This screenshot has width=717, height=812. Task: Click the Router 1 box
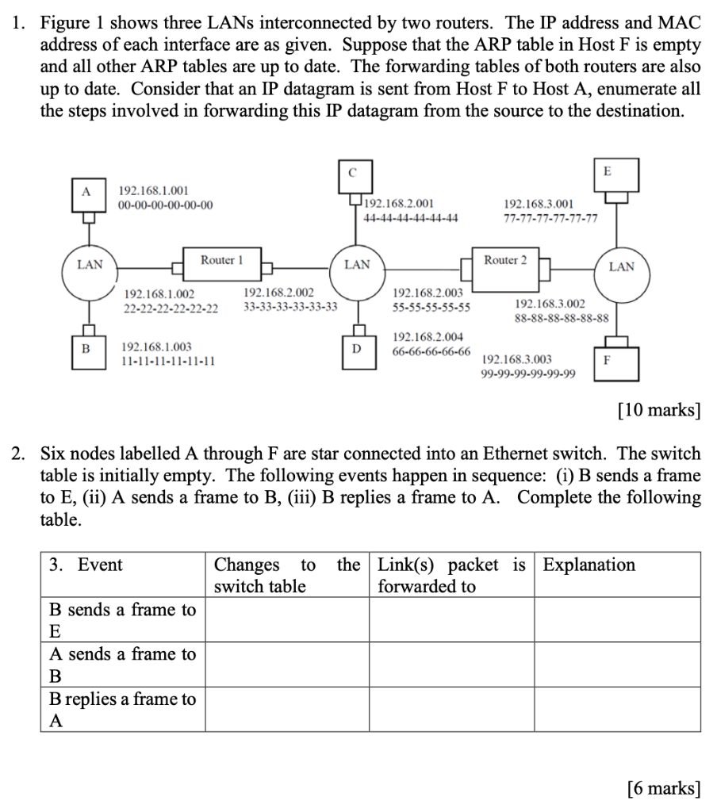pyautogui.click(x=221, y=261)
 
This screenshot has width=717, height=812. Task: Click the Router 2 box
pyautogui.click(x=505, y=261)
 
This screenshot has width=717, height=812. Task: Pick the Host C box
pyautogui.click(x=353, y=174)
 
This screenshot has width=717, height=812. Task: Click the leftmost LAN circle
pyautogui.click(x=90, y=265)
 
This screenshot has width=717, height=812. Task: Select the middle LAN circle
pyautogui.click(x=357, y=265)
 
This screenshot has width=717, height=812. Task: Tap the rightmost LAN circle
pyautogui.click(x=621, y=267)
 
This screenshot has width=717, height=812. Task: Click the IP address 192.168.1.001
pyautogui.click(x=153, y=191)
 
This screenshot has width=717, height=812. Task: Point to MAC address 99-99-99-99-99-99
pyautogui.click(x=529, y=373)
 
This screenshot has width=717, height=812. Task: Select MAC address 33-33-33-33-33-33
pyautogui.click(x=290, y=306)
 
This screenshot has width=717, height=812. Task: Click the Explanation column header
pyautogui.click(x=589, y=565)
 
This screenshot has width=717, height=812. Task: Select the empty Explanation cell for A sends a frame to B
pyautogui.click(x=616, y=665)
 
